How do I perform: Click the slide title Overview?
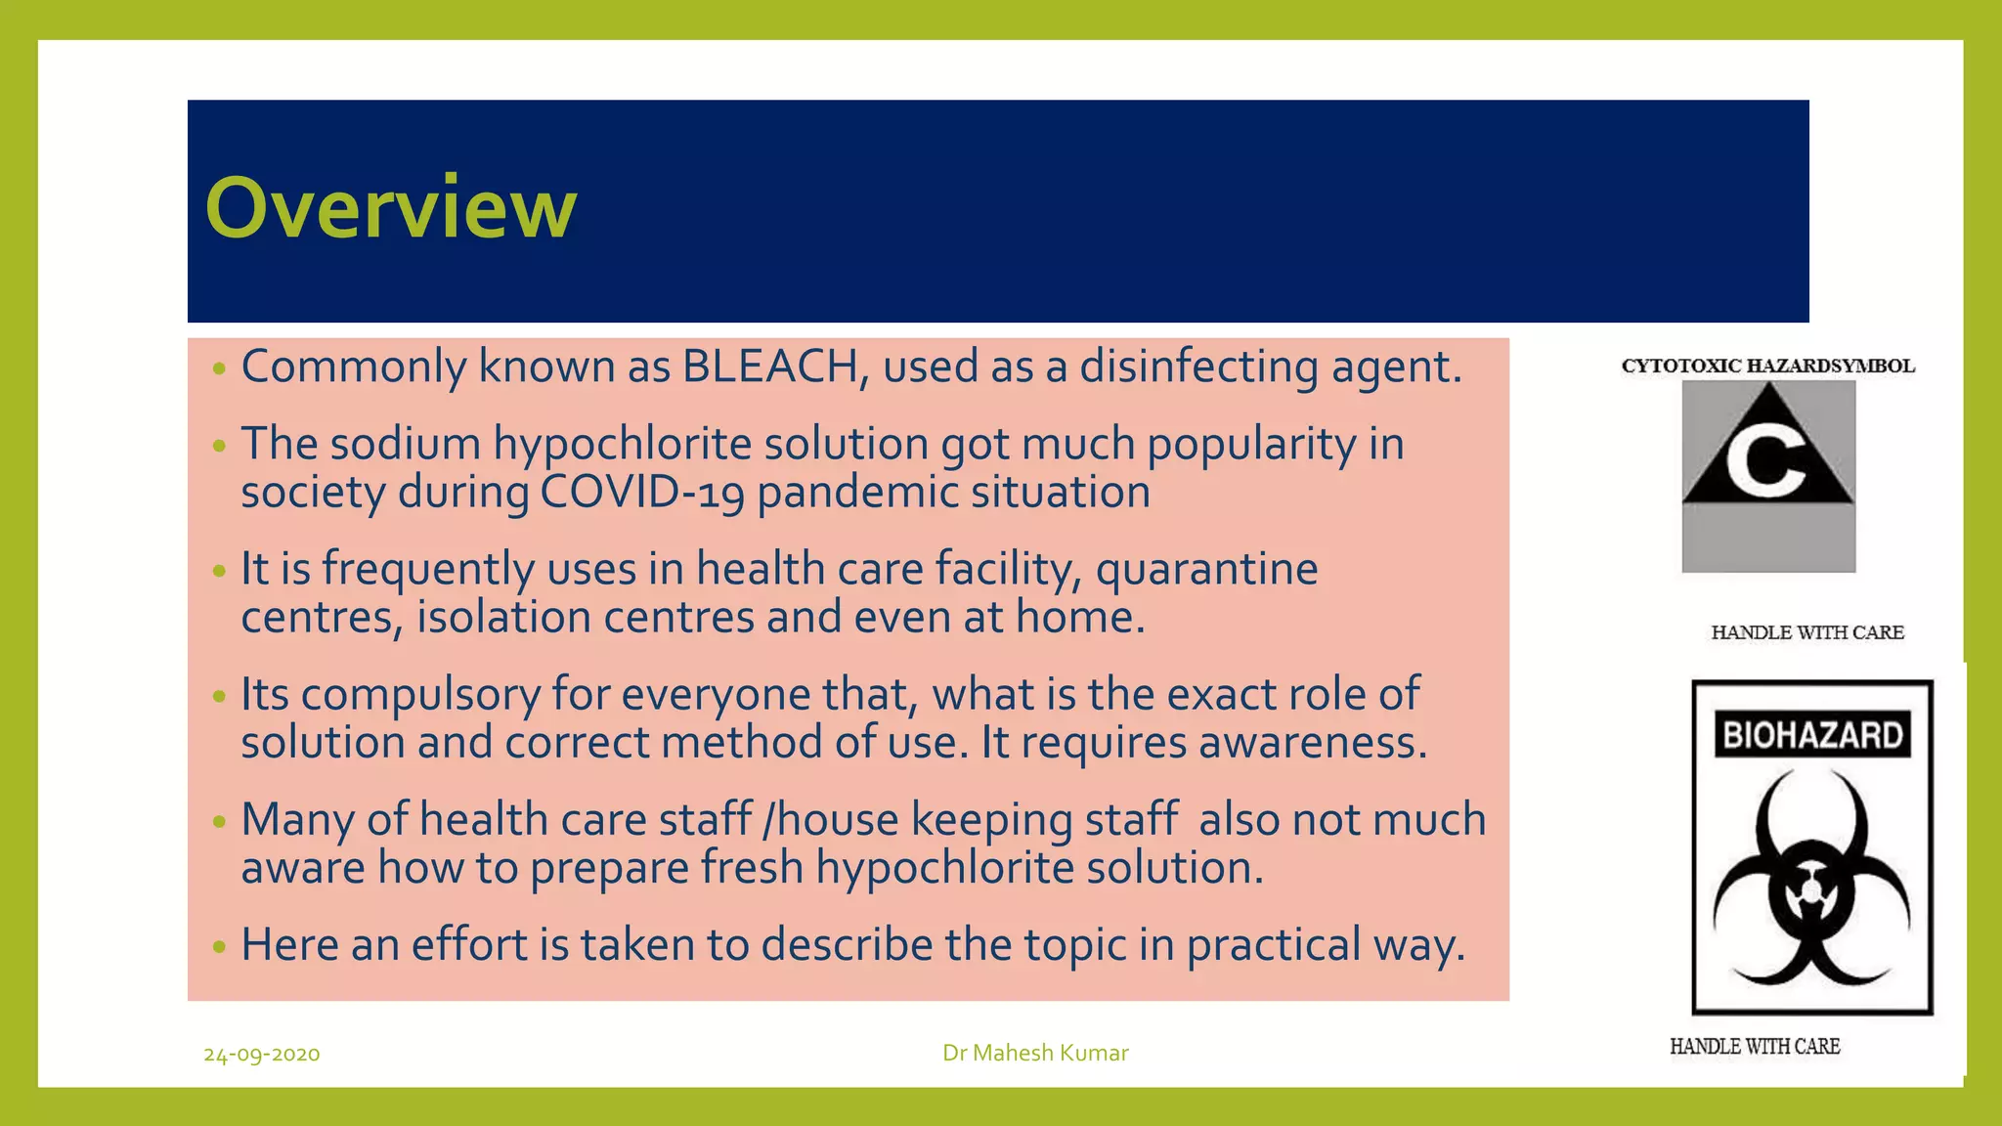391,207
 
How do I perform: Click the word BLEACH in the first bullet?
769,367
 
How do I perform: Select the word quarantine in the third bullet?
1206,570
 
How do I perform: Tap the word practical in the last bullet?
1273,945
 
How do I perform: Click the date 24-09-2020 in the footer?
262,1054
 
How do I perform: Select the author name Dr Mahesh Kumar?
1035,1053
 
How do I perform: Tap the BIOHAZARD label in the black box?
1812,735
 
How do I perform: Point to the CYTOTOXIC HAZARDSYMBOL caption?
1767,367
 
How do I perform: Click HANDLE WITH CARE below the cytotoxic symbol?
1807,632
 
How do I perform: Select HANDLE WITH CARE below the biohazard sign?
1755,1047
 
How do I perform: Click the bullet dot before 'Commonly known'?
219,368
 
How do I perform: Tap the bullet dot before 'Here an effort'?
219,946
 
